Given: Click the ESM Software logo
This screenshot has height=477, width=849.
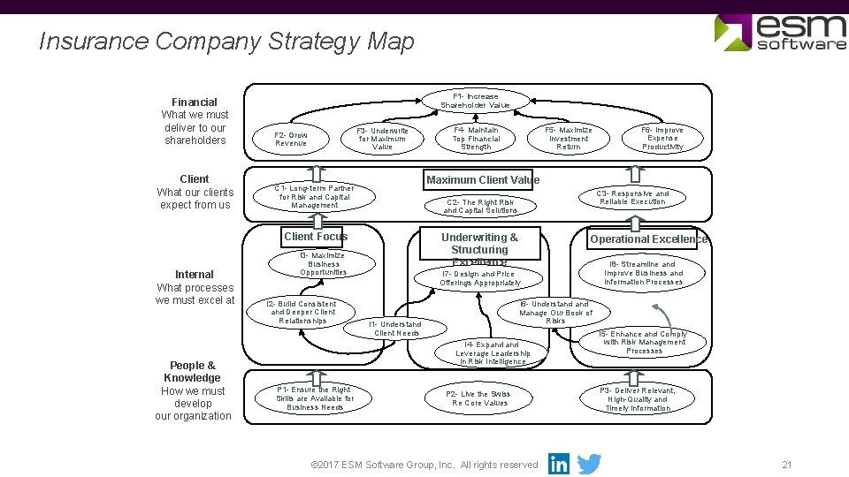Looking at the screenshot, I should point(780,32).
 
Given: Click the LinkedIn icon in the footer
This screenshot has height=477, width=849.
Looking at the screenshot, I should point(559,464).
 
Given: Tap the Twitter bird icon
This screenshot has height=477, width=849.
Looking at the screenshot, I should point(589,464).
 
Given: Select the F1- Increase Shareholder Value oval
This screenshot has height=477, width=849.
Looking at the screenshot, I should point(475,101).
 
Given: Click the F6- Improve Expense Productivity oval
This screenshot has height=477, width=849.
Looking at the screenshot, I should point(662,139).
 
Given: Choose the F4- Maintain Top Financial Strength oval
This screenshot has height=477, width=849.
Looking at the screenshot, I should point(476,139).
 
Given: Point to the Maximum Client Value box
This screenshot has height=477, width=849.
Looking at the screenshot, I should point(482,180).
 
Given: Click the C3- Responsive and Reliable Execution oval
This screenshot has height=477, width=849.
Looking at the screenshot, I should point(632,198).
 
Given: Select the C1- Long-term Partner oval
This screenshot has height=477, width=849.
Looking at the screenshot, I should point(314,197).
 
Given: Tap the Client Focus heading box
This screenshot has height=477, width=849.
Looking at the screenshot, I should point(316,237).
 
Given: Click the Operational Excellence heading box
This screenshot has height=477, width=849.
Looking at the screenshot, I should point(648,239).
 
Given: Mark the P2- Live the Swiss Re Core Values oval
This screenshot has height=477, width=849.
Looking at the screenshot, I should point(479,398).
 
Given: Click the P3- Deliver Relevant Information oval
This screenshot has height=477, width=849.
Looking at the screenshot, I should point(637,399).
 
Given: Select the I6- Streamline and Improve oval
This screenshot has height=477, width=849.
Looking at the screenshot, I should point(643,273).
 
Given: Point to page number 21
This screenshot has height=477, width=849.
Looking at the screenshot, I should point(786,465).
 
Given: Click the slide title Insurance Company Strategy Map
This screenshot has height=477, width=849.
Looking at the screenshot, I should point(226,42).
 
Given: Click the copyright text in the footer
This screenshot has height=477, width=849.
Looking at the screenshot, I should point(425,465).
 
